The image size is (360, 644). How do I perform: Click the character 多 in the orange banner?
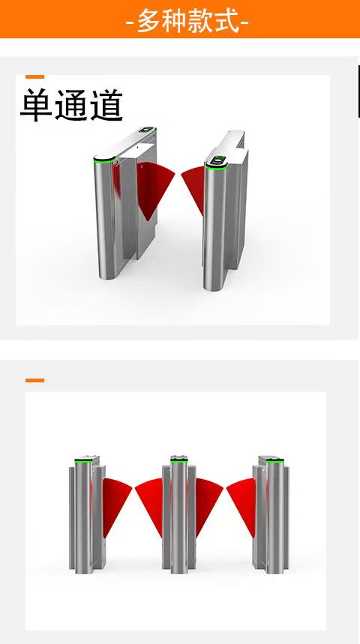point(148,20)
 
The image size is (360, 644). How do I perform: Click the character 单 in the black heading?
point(36,105)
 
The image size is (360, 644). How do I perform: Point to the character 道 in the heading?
point(106,105)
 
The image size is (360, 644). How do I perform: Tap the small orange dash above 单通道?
point(35,76)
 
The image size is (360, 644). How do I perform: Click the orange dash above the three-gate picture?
point(35,380)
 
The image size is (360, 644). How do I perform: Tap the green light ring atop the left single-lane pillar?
point(104,160)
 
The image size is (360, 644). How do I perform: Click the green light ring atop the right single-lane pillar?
point(217,166)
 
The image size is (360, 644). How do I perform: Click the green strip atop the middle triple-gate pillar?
point(179,461)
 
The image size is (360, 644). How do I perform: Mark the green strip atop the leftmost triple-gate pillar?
point(83,461)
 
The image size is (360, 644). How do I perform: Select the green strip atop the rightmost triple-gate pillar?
point(274,461)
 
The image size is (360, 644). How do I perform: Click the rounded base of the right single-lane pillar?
point(214,286)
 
